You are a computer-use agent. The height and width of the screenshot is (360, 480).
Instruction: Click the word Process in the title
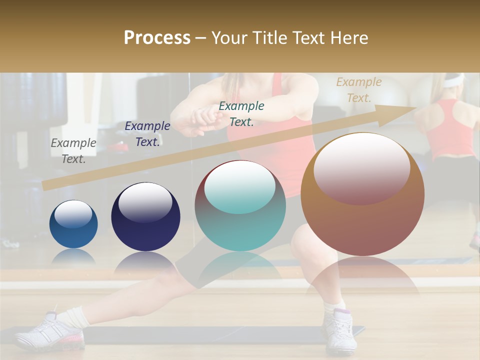click(x=157, y=38)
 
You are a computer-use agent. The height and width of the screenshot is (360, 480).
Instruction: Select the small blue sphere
click(x=73, y=224)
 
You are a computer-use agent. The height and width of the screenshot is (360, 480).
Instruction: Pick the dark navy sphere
click(x=145, y=217)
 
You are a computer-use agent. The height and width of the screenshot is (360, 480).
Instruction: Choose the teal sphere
click(x=240, y=206)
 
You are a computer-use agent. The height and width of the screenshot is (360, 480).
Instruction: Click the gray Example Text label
click(x=73, y=151)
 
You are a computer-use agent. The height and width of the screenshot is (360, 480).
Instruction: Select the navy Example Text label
click(x=147, y=134)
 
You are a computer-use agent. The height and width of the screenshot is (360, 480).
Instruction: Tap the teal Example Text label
click(x=241, y=114)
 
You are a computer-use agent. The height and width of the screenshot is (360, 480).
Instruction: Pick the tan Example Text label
click(x=358, y=90)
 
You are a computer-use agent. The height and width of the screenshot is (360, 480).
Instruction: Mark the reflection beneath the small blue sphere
click(x=73, y=256)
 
